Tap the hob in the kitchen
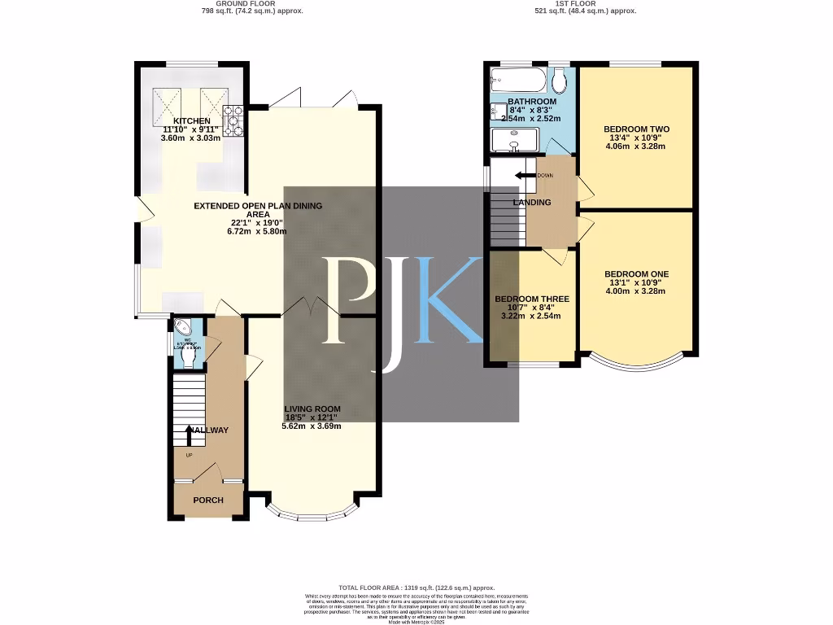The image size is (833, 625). click(234, 121)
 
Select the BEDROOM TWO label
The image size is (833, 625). click(636, 129)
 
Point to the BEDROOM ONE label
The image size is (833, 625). click(636, 274)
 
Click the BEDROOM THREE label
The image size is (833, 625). click(532, 299)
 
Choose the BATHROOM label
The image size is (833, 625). click(532, 102)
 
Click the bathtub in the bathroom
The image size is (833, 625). click(517, 81)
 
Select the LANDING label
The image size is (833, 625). click(532, 203)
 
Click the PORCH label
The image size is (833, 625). click(208, 500)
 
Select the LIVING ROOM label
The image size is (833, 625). click(312, 409)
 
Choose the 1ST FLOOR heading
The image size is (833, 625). click(573, 4)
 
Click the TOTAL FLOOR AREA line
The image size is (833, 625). click(416, 588)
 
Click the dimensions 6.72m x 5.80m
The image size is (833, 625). click(257, 231)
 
